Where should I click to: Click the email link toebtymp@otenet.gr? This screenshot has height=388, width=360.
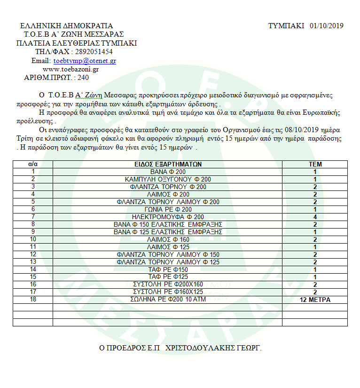[85, 61]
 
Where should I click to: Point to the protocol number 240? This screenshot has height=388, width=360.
[83, 78]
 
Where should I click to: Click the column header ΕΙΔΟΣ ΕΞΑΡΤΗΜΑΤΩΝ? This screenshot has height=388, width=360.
[167, 164]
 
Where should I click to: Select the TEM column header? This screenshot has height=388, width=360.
[314, 164]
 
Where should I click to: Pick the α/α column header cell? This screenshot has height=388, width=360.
[33, 164]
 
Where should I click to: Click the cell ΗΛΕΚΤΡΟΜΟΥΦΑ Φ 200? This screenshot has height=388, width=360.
[167, 217]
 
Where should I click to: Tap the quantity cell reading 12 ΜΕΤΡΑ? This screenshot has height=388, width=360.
[314, 300]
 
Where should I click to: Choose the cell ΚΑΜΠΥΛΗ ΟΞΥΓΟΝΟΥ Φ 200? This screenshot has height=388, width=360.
[167, 179]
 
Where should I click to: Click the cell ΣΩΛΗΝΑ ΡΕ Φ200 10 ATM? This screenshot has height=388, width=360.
[167, 300]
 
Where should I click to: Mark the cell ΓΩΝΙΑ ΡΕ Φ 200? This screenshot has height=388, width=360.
[167, 209]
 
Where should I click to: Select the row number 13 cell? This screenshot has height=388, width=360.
[33, 262]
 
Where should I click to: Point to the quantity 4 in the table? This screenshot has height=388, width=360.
[314, 217]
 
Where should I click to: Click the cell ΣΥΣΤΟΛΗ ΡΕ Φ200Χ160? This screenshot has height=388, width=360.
[167, 285]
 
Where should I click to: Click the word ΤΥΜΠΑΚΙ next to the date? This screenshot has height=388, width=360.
[286, 25]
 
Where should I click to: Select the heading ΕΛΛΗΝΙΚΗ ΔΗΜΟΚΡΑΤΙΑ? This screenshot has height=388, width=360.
[67, 26]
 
